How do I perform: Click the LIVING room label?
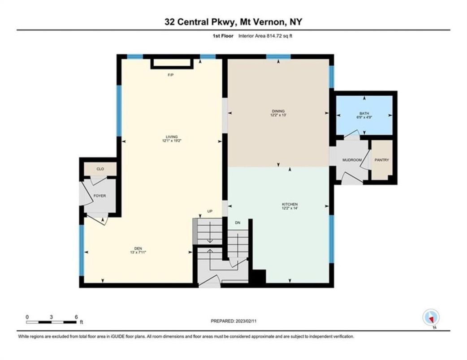171,137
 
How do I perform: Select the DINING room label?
278,111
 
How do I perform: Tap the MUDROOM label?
352,160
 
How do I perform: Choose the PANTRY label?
382,160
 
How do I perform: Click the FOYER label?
99,196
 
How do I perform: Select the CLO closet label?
100,169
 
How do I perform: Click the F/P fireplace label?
170,75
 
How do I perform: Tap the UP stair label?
209,212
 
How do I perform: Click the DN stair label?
238,223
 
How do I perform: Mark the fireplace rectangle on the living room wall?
172,63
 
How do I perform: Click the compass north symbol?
431,318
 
